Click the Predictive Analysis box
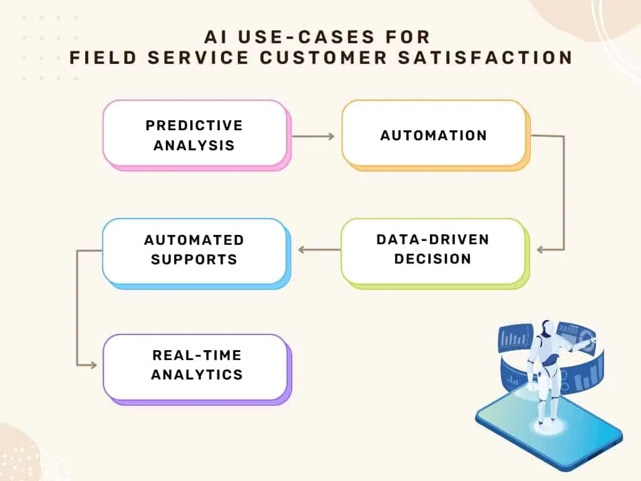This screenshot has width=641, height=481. click(194, 134)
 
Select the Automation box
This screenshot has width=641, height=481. click(433, 134)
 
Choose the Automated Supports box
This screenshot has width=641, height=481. click(194, 250)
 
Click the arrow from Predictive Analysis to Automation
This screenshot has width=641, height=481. click(313, 135)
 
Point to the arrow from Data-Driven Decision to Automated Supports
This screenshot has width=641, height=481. click(319, 250)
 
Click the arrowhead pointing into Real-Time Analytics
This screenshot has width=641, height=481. click(94, 365)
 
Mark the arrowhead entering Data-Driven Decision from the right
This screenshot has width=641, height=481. click(541, 250)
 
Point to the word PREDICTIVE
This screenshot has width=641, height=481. click(194, 125)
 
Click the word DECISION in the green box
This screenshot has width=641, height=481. click(433, 259)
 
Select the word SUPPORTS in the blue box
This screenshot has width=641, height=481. click(194, 259)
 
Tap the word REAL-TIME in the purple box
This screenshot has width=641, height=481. click(197, 355)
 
